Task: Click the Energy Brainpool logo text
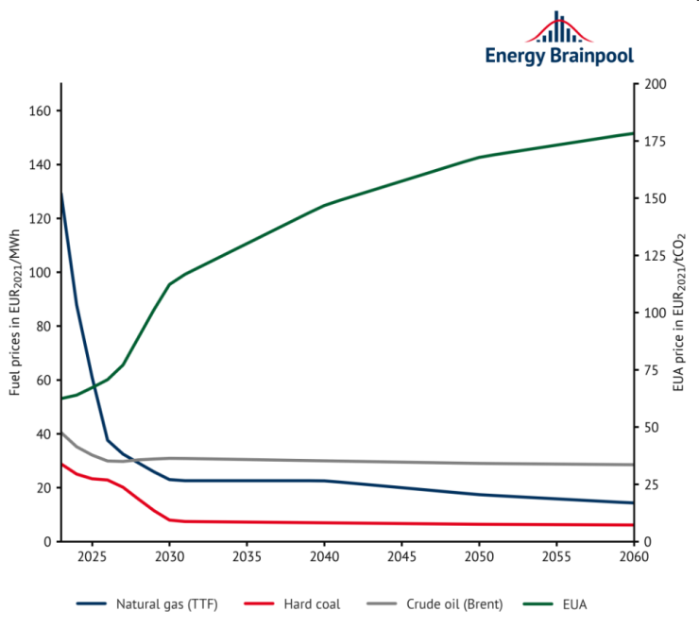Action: click(x=559, y=56)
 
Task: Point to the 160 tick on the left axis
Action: click(x=43, y=111)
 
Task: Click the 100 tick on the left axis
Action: click(x=43, y=273)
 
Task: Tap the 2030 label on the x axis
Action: click(x=170, y=557)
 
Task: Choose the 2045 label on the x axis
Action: click(x=401, y=557)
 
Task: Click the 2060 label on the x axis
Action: click(x=633, y=557)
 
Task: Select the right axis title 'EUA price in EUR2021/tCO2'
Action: click(x=679, y=313)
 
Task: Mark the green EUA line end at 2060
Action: click(x=632, y=133)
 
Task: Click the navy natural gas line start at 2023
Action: click(x=61, y=193)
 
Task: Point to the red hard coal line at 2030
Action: click(x=170, y=520)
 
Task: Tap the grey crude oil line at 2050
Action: click(x=479, y=463)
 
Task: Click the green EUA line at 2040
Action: click(x=324, y=205)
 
